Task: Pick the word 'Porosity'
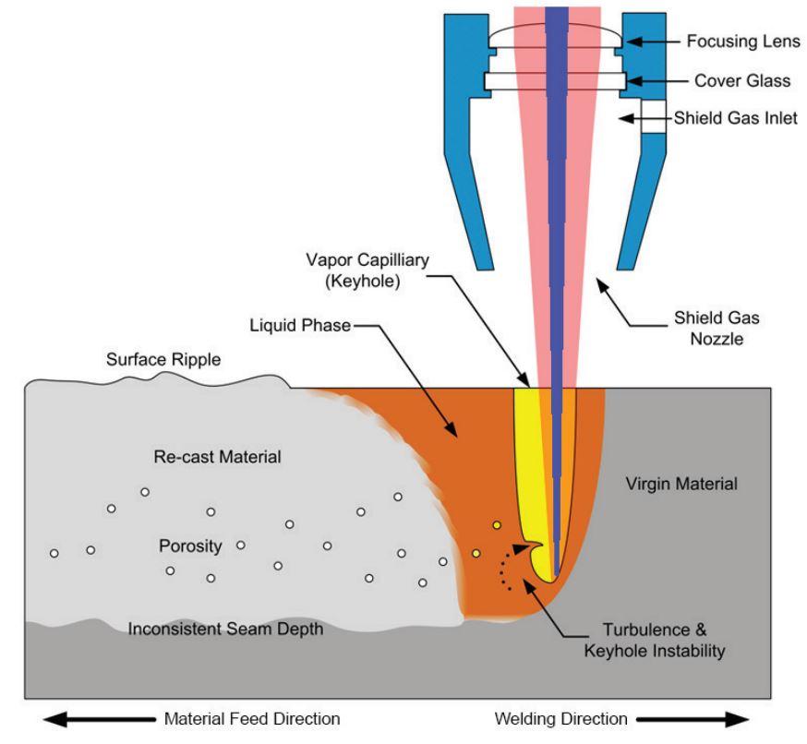click(190, 546)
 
